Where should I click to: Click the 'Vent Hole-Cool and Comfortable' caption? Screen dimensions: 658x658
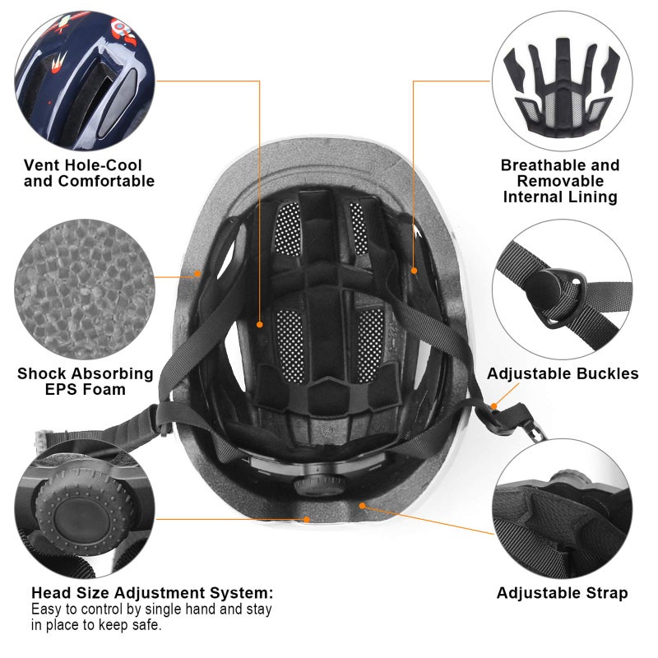click(x=89, y=173)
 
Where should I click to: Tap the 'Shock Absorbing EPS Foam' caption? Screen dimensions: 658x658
click(x=86, y=381)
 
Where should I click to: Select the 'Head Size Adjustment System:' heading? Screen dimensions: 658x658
click(x=152, y=592)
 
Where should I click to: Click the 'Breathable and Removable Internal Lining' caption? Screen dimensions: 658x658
click(x=560, y=181)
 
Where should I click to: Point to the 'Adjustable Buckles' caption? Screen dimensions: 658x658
click(x=563, y=373)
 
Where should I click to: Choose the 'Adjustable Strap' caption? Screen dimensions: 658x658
click(x=563, y=592)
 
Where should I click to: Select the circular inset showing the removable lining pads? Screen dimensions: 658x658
click(x=563, y=79)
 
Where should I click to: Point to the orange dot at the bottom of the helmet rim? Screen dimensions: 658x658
click(x=306, y=519)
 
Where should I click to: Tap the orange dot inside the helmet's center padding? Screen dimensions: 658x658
click(x=260, y=324)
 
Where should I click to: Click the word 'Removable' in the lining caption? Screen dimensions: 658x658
click(x=560, y=181)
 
